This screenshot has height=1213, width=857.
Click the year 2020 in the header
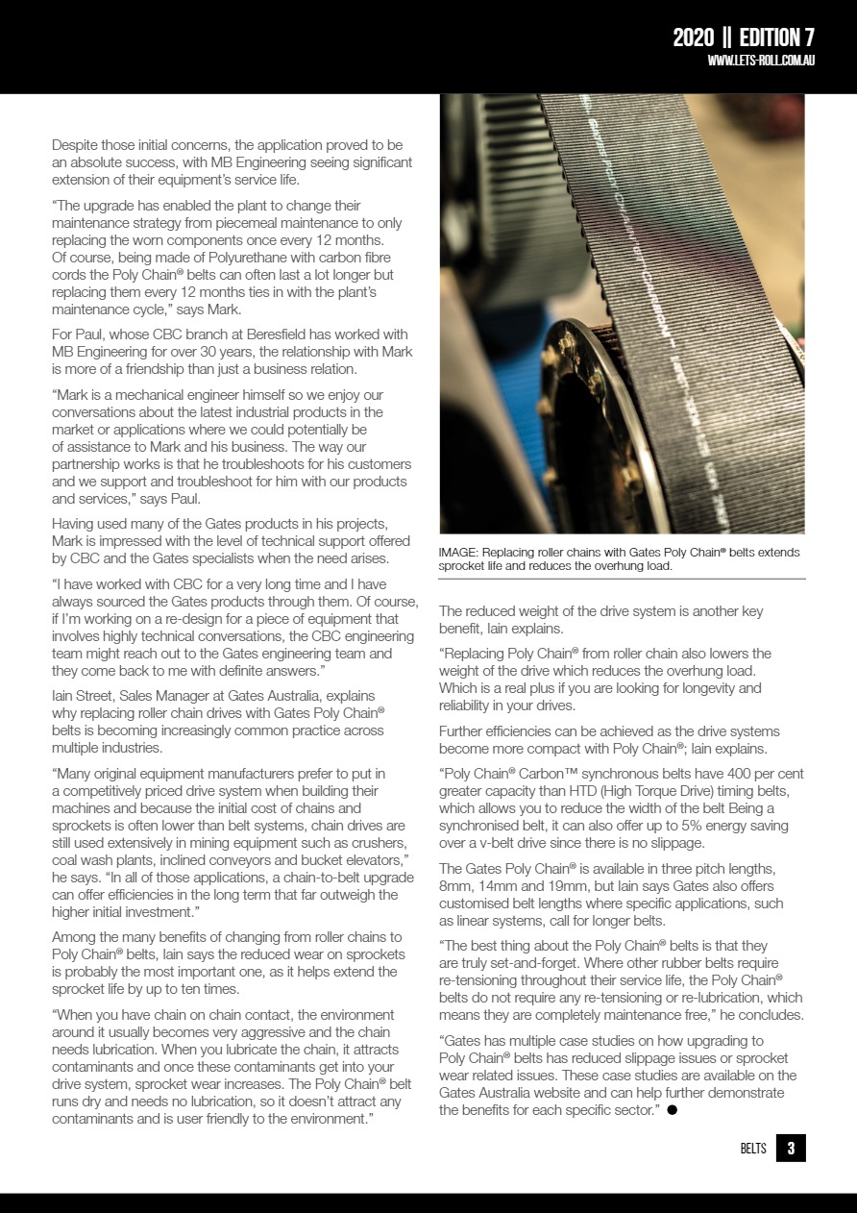tap(693, 37)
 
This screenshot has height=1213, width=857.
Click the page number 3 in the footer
tap(791, 1149)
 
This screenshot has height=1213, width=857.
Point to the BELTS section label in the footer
tap(753, 1150)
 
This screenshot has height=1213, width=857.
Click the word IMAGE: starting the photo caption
tap(458, 553)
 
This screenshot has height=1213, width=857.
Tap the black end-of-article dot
tap(673, 1110)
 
